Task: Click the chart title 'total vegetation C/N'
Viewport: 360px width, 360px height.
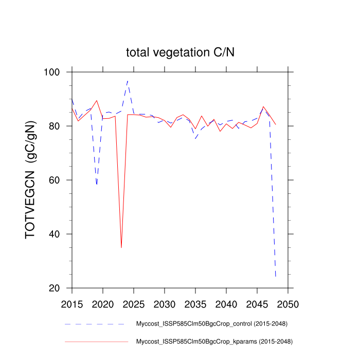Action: pos(181,52)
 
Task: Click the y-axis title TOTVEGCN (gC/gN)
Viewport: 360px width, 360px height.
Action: pos(31,180)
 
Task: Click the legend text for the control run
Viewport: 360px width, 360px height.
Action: pos(211,324)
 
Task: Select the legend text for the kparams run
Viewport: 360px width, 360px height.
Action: pos(214,341)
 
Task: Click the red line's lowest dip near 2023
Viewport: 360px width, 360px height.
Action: pos(121,247)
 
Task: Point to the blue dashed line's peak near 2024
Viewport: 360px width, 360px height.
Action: pos(128,81)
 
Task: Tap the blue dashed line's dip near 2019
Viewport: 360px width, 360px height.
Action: pos(97,184)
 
